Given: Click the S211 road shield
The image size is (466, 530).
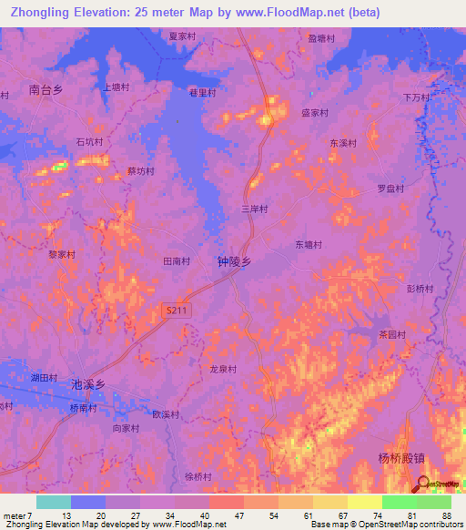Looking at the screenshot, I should click(x=177, y=311).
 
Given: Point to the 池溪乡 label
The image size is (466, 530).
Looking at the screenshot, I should click(x=88, y=385).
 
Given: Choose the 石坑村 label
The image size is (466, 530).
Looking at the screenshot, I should click(x=89, y=143).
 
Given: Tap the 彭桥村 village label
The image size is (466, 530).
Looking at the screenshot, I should click(x=420, y=289).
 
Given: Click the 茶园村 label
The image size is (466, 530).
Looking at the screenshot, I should click(x=392, y=334).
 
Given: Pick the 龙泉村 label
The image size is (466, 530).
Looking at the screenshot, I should click(x=223, y=370).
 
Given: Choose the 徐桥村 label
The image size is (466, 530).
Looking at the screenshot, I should click(x=198, y=476).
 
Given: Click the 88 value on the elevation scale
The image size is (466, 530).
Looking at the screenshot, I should click(x=447, y=515).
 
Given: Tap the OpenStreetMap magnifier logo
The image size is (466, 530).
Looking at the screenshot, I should click(x=423, y=484).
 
